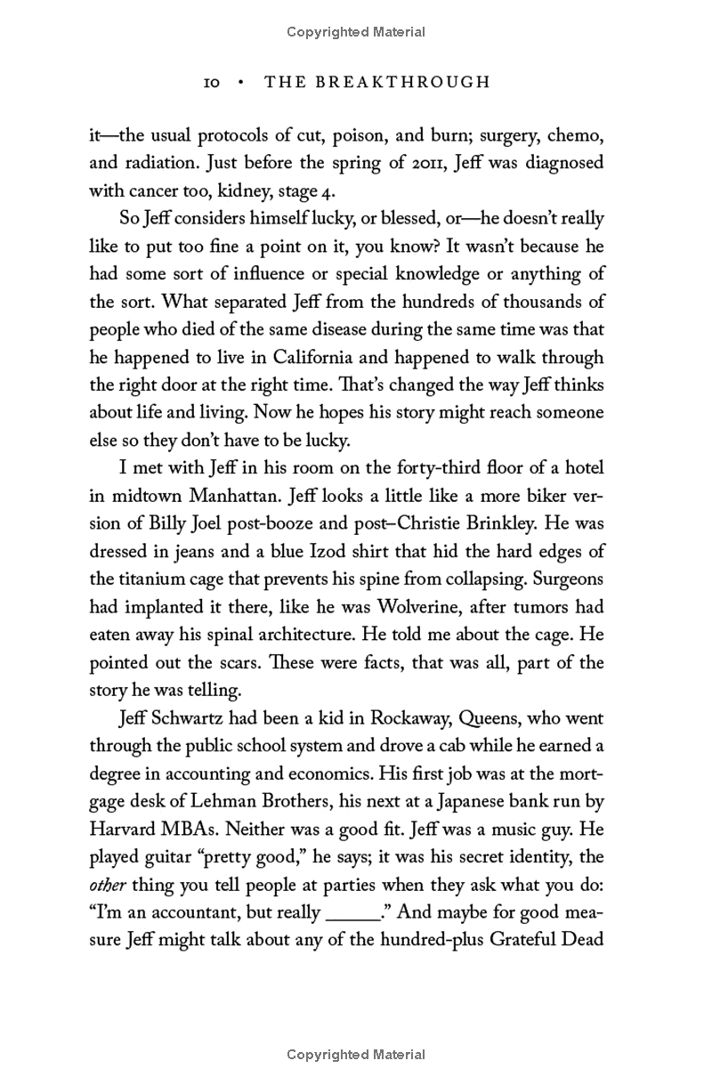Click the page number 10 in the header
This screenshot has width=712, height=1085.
[212, 83]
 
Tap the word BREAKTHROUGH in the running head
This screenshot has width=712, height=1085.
[409, 83]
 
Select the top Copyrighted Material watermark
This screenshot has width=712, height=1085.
[356, 32]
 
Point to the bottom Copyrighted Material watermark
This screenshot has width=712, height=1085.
[356, 1055]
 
